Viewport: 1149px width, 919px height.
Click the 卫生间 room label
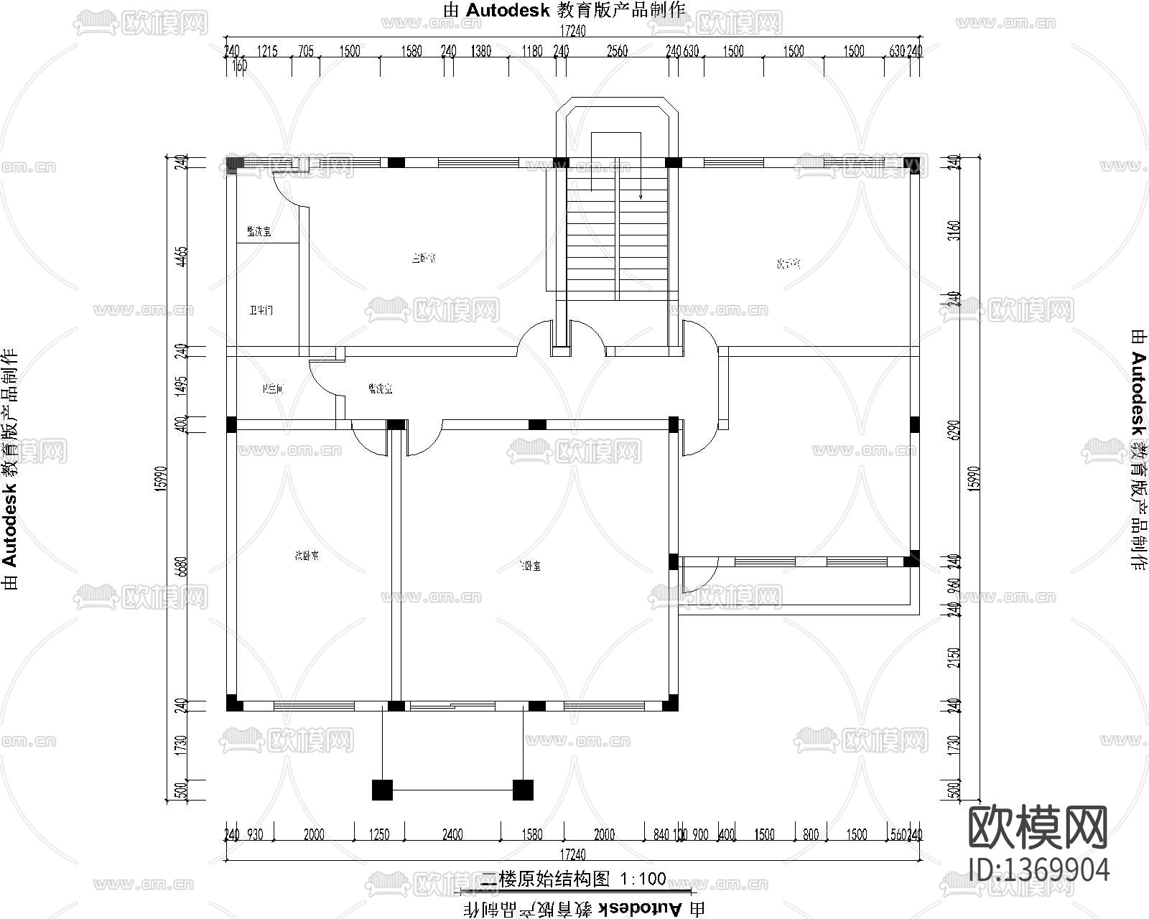point(261,311)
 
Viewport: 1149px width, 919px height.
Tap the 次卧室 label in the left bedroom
point(307,555)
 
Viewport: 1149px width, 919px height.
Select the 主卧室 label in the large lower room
point(530,566)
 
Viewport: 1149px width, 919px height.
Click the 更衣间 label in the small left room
point(273,389)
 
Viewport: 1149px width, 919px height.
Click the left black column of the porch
point(383,790)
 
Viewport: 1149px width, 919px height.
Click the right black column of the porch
point(523,790)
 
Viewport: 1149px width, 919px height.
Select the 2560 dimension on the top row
point(617,51)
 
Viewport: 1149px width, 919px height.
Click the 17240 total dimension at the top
point(572,32)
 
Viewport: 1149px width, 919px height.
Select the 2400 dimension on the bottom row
point(452,835)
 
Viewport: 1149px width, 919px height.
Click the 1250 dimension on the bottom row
point(378,835)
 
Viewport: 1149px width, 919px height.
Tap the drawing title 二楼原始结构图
point(545,879)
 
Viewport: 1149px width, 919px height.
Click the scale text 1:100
point(643,879)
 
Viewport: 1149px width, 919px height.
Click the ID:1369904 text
point(1038,869)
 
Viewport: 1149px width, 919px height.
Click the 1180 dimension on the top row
point(532,51)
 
